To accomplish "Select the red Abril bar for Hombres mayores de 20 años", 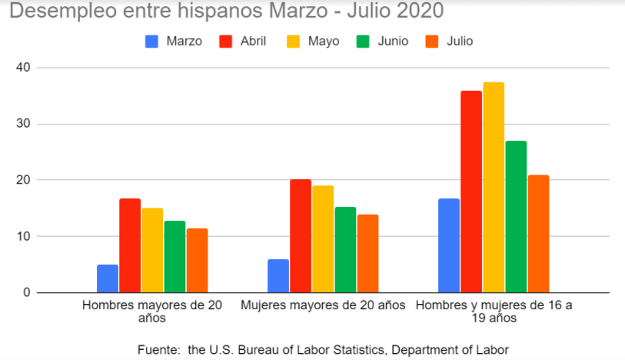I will (x=130, y=245).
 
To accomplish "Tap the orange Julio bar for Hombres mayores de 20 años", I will (x=197, y=260).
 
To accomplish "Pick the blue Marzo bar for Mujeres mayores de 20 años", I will (x=278, y=276).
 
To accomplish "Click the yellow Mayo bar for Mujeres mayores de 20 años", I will (x=323, y=239).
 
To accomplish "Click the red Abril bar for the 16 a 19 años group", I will (x=471, y=192).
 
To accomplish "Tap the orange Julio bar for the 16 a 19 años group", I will (x=538, y=234).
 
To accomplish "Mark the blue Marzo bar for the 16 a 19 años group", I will (x=449, y=245).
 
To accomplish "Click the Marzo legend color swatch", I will (x=152, y=42).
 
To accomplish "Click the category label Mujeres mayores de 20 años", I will (x=323, y=305).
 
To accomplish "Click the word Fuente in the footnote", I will (x=157, y=349).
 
